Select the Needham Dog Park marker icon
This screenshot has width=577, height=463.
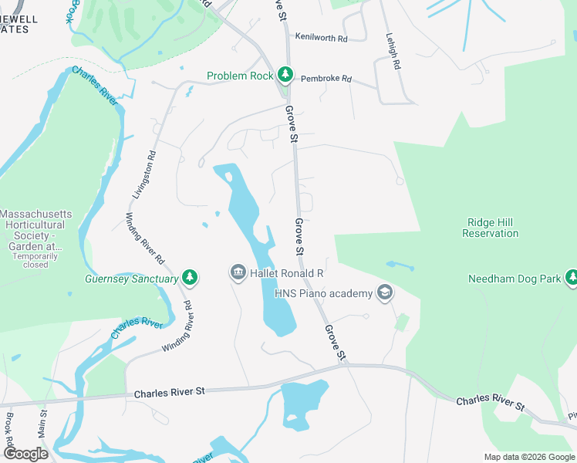(x=572, y=278)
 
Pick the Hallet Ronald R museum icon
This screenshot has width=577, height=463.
(x=237, y=273)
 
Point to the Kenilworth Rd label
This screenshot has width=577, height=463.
(x=321, y=36)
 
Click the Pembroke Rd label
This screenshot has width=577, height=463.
(x=326, y=79)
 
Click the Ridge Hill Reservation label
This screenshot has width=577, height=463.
(x=491, y=228)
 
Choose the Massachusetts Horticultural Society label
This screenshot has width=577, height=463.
(x=35, y=229)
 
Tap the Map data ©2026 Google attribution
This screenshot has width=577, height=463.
(x=529, y=457)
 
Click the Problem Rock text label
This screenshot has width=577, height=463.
(x=240, y=76)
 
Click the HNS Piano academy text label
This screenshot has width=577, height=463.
(x=324, y=293)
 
